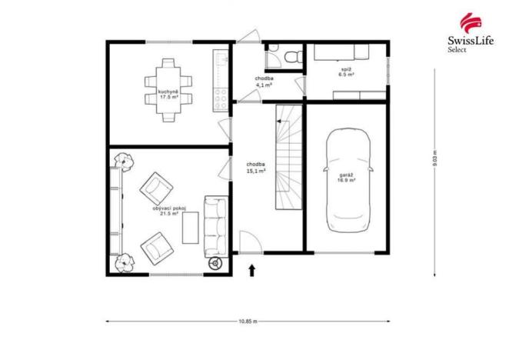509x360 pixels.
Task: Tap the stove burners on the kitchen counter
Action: pyautogui.click(x=219, y=95)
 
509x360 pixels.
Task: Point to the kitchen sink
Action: pyautogui.click(x=219, y=59)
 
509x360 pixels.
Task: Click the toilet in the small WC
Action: pyautogui.click(x=286, y=55)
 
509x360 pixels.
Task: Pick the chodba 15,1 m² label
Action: pyautogui.click(x=256, y=168)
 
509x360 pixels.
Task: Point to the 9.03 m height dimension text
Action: pyautogui.click(x=434, y=158)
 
